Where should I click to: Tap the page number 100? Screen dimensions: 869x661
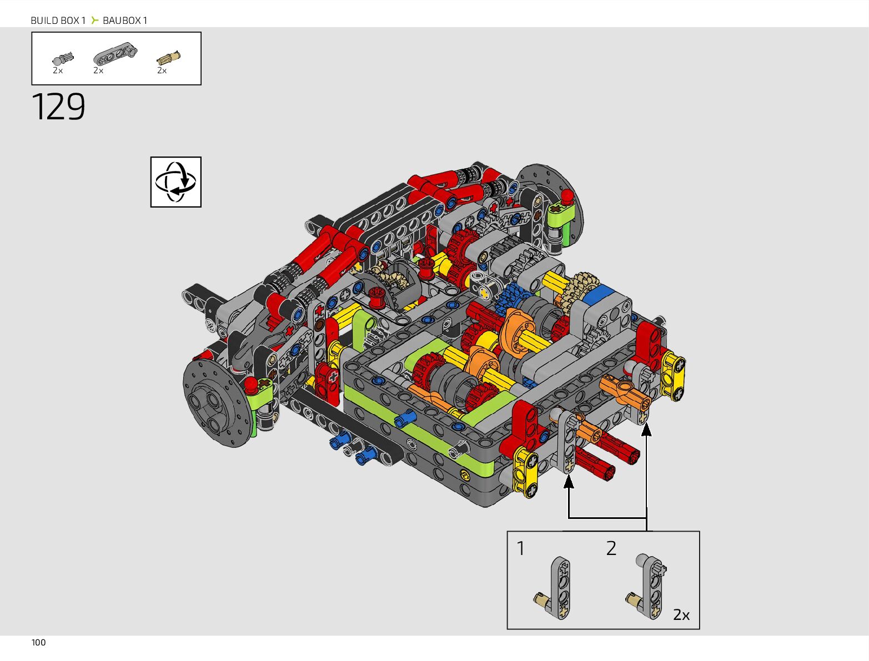[x=38, y=643]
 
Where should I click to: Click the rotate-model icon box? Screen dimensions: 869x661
[x=176, y=182]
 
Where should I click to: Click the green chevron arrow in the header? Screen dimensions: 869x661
[x=94, y=20]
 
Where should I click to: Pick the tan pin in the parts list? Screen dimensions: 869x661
[x=169, y=58]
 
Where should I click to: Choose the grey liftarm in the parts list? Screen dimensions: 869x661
[x=115, y=53]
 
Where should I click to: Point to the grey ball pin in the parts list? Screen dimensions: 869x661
[x=63, y=58]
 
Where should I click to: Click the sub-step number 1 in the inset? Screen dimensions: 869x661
[x=521, y=549]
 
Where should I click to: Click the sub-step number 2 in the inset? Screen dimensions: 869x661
[x=611, y=548]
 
